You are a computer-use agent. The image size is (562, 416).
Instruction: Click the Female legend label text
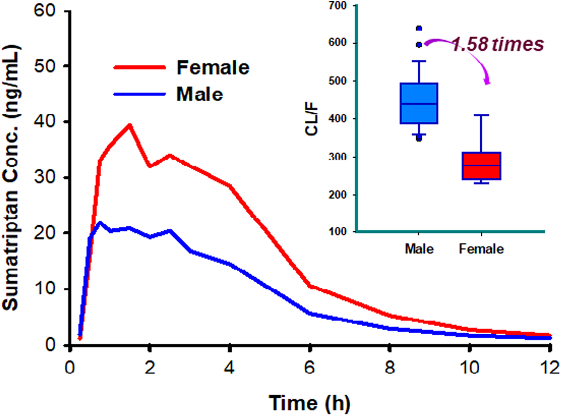(213, 68)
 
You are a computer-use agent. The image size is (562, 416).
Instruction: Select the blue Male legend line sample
(139, 94)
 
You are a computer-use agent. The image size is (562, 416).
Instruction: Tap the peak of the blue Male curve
(100, 223)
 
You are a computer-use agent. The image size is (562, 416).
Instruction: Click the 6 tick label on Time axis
(310, 368)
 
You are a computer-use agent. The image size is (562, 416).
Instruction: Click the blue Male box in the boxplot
(419, 103)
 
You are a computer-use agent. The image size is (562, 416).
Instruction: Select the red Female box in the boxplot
(481, 166)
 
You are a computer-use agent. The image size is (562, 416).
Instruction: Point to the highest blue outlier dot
(419, 28)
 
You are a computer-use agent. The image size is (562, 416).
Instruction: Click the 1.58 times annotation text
(498, 44)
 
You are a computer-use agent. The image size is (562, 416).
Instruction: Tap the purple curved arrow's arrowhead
(488, 83)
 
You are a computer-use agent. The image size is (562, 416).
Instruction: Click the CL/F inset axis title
(312, 119)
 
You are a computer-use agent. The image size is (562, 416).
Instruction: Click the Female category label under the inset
(481, 249)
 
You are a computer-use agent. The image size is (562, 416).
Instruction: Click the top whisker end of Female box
(481, 115)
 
